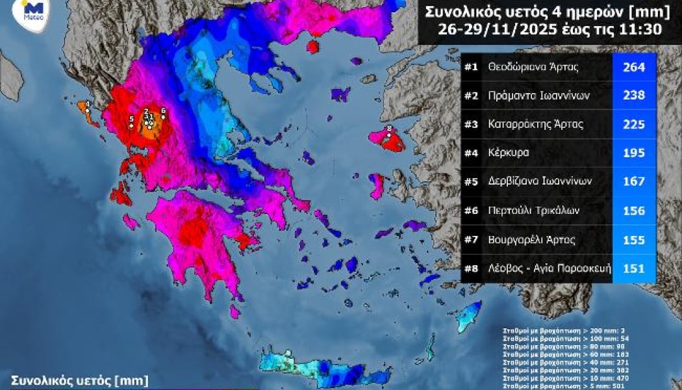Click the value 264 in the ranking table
(x=633, y=66)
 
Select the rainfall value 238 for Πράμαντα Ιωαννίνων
(x=633, y=96)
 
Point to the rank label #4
(x=472, y=153)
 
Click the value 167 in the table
(x=633, y=182)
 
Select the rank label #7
(x=472, y=240)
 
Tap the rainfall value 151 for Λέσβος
(x=633, y=268)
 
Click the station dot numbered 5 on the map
(x=131, y=125)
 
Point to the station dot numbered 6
(x=162, y=117)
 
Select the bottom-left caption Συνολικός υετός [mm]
(x=79, y=379)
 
